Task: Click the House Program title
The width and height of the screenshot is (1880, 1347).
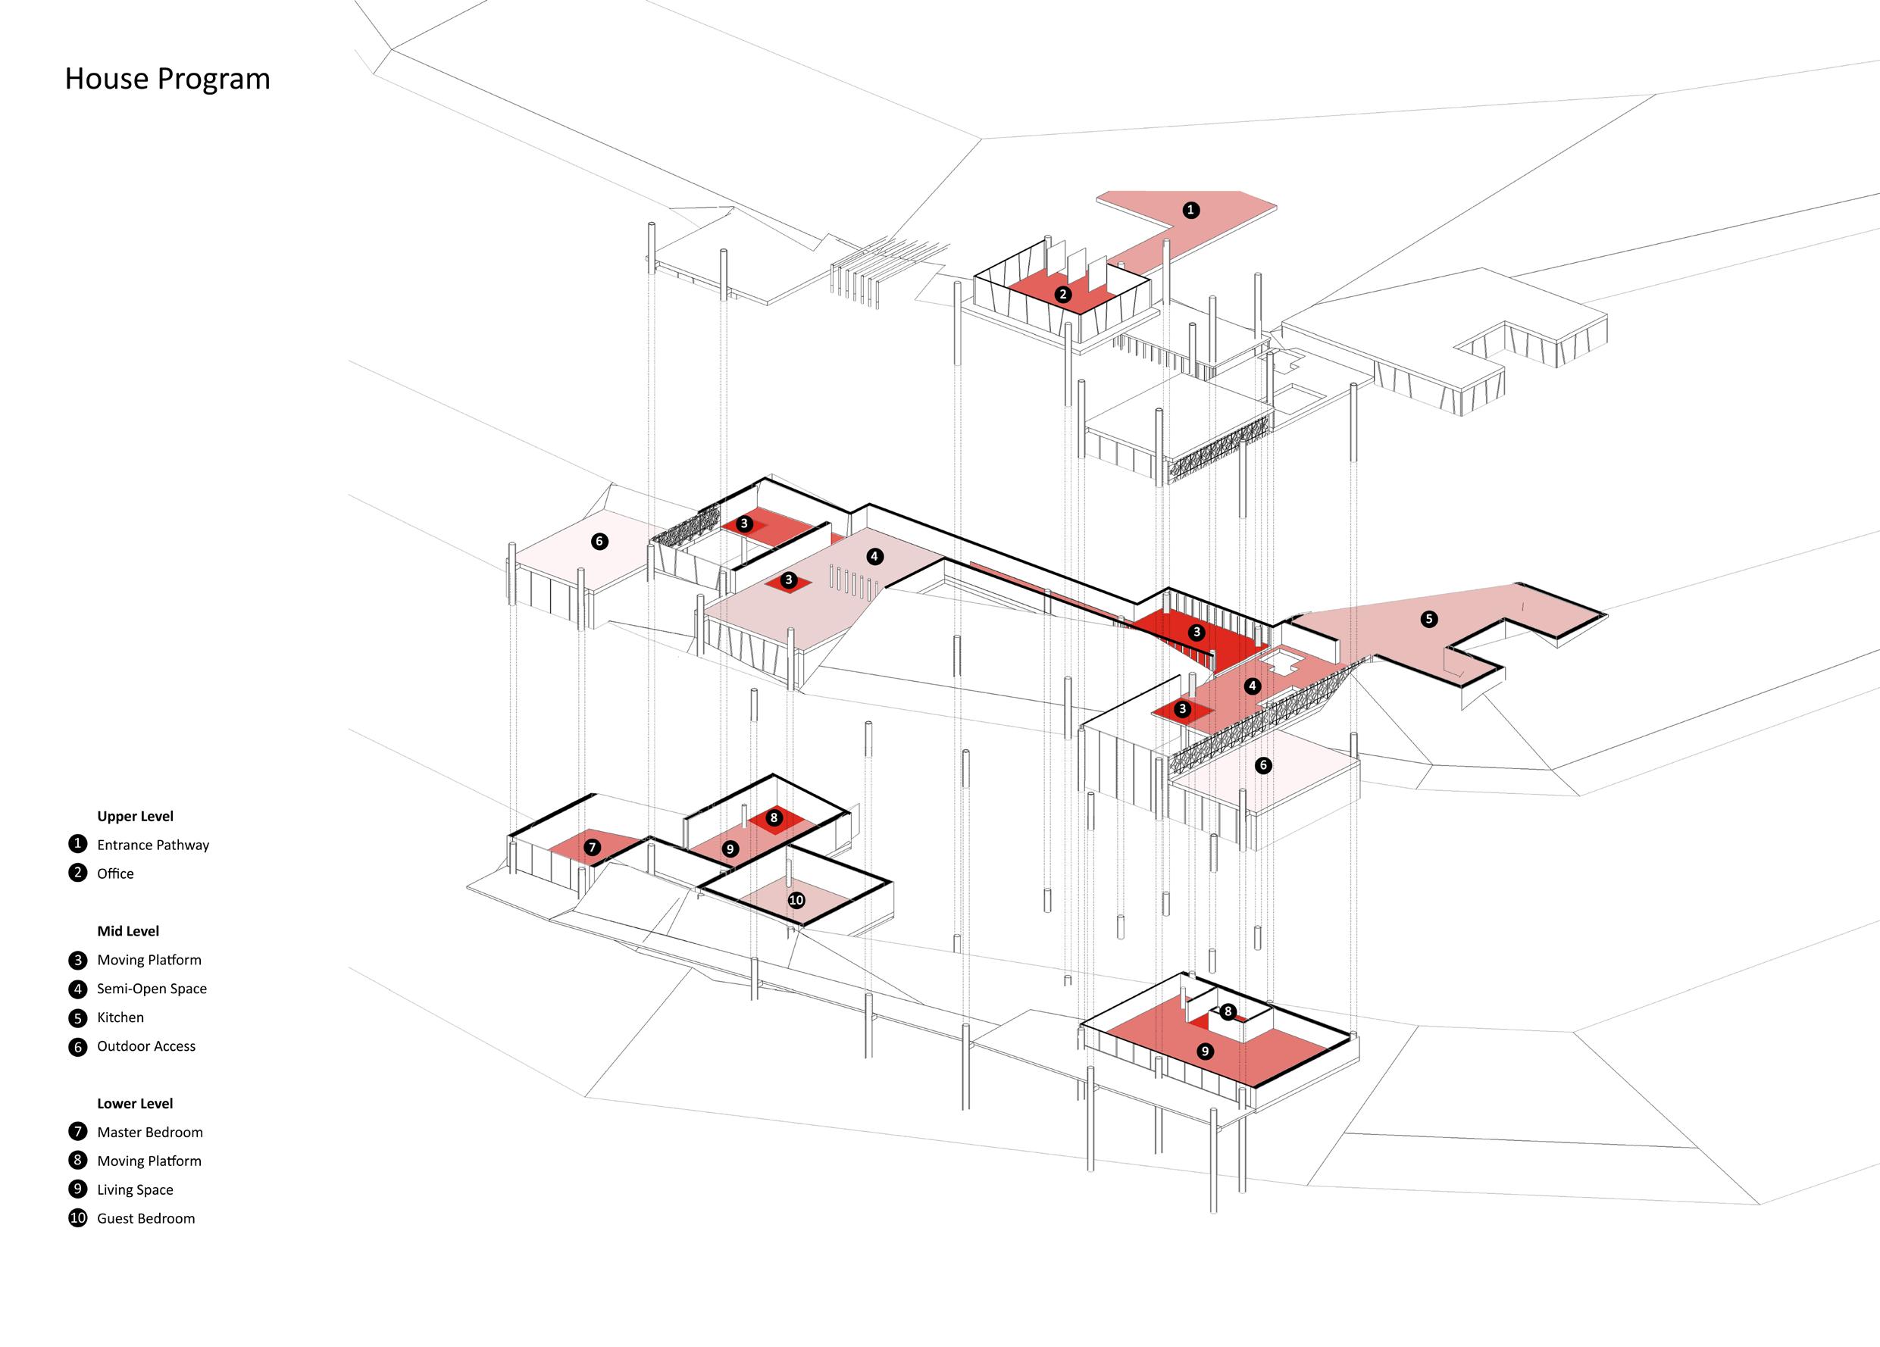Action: (x=167, y=79)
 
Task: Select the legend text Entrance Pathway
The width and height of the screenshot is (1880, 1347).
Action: (x=152, y=845)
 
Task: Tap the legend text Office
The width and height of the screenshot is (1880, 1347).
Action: (x=115, y=874)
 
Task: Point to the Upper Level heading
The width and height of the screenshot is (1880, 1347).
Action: (x=135, y=816)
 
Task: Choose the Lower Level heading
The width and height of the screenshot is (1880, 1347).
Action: (x=135, y=1103)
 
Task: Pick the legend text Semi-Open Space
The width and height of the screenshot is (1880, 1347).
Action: (x=152, y=988)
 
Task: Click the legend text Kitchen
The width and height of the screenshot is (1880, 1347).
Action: (x=120, y=1017)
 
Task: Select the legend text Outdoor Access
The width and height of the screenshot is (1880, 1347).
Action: (x=146, y=1046)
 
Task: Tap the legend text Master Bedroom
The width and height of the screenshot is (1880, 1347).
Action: (x=149, y=1133)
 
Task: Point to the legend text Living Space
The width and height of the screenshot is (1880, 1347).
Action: (x=135, y=1189)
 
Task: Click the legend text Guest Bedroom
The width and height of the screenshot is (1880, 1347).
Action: (x=146, y=1218)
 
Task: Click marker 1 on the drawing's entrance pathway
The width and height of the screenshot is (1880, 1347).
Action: (x=1190, y=210)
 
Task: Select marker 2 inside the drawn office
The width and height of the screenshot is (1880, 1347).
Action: (x=1062, y=294)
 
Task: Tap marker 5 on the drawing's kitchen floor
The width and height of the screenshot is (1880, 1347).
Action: (x=1428, y=618)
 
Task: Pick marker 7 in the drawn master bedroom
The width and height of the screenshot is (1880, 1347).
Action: (x=592, y=847)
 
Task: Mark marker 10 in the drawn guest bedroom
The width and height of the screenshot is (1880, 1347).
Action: (x=796, y=900)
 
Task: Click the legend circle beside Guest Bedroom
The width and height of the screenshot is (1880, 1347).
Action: (x=78, y=1218)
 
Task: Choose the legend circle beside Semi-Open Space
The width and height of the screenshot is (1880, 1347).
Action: (x=78, y=989)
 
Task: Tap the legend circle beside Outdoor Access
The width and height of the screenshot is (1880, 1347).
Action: (x=78, y=1047)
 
